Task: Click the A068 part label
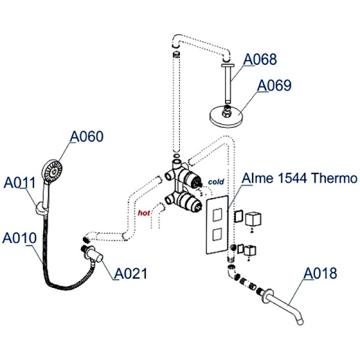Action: click(x=259, y=59)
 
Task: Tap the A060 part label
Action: click(x=86, y=137)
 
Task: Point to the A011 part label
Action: click(x=20, y=182)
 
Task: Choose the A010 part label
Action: click(x=19, y=238)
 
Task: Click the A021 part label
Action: click(x=130, y=274)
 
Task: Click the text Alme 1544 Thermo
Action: click(x=299, y=179)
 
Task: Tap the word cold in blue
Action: click(x=215, y=181)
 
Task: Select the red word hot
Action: click(x=144, y=212)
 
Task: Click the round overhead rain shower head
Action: click(x=227, y=114)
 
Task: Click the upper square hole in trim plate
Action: click(x=217, y=212)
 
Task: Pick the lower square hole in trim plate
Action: click(x=217, y=232)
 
